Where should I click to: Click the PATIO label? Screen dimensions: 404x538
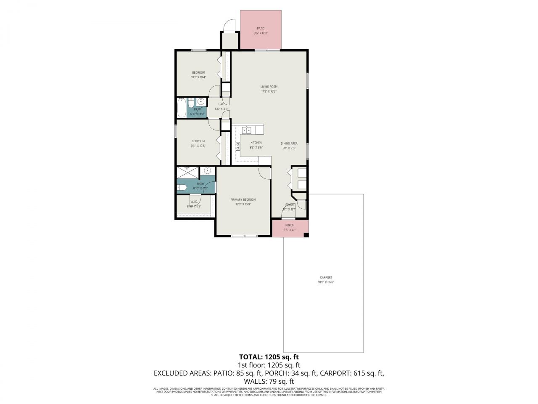point(261,29)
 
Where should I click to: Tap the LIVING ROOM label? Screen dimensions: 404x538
point(269,87)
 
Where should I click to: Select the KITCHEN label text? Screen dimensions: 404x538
point(256,143)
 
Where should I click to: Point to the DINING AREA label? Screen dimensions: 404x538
point(289,144)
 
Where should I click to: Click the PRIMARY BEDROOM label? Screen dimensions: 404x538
point(243,199)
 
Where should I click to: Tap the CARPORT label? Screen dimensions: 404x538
point(326,277)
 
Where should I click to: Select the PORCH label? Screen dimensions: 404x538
point(290,225)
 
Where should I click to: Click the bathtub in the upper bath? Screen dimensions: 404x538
point(182,108)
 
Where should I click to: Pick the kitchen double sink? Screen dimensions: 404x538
point(249,130)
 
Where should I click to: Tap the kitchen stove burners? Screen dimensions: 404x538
point(237,146)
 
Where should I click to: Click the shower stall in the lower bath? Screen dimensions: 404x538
point(187,173)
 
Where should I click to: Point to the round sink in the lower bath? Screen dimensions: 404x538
point(207,170)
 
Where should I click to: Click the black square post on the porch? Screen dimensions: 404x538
point(306,235)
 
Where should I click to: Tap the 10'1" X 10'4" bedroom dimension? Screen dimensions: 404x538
point(198,77)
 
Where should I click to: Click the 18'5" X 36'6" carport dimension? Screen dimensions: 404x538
point(326,282)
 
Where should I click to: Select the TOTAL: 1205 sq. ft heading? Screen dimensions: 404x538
point(269,357)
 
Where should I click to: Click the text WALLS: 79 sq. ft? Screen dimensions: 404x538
point(269,381)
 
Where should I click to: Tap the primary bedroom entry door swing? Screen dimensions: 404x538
point(264,173)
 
